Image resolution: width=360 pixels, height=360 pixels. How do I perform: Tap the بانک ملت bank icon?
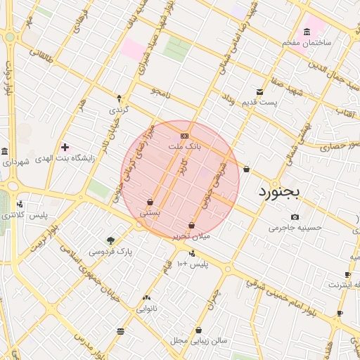coord(184,136)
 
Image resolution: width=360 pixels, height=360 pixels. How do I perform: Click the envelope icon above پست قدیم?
coord(259,92)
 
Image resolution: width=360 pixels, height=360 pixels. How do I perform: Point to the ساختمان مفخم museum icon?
coord(307,32)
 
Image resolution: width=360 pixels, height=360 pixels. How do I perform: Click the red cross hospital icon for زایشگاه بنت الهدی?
coord(65,147)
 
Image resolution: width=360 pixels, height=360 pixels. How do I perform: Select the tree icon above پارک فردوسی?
coord(110,240)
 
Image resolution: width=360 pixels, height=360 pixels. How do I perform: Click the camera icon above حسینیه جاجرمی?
coord(295,217)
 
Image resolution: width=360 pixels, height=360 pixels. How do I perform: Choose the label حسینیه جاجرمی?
coord(295,228)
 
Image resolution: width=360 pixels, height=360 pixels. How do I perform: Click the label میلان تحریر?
coord(191,236)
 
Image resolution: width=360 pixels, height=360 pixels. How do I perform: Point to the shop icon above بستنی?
coord(150,202)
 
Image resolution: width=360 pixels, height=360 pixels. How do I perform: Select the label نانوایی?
coord(147,308)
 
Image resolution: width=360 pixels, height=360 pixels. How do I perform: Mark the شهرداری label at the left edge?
coord(15,162)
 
